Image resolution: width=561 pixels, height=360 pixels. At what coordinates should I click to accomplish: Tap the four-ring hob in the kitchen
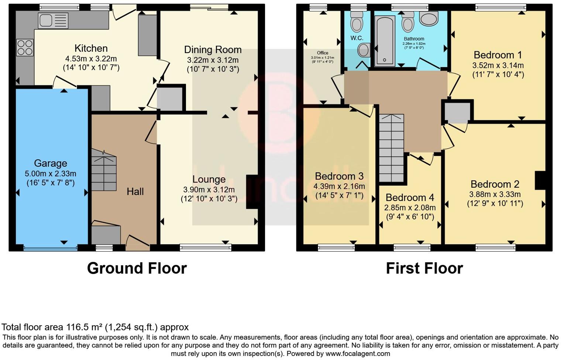pos(25,48)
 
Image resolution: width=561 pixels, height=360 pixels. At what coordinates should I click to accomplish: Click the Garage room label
pos(51,163)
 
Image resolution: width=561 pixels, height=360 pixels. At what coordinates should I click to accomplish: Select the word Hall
pos(135,191)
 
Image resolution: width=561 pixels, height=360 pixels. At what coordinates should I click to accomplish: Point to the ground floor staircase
pos(104,170)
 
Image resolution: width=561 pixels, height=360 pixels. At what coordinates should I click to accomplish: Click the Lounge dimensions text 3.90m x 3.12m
pos(209,190)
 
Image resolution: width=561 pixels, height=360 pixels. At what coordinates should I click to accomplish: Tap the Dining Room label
pos(213,50)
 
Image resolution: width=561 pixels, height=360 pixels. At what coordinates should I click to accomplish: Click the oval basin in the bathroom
pos(429,18)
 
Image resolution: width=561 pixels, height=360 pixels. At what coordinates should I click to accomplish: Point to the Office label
pos(323,53)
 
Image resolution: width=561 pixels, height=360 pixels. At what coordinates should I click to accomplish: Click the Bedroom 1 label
pos(498,55)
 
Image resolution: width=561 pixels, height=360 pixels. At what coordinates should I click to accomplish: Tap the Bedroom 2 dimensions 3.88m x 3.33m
pos(495,194)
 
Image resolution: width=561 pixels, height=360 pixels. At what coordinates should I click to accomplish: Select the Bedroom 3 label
pos(339,176)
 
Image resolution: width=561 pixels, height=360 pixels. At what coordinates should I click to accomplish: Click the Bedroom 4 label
pos(410,198)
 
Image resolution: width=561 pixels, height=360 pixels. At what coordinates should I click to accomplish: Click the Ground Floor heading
pos(137,268)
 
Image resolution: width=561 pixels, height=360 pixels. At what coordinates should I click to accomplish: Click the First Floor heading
pos(424,268)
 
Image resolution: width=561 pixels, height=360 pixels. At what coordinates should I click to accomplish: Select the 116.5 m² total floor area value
pos(84,327)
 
